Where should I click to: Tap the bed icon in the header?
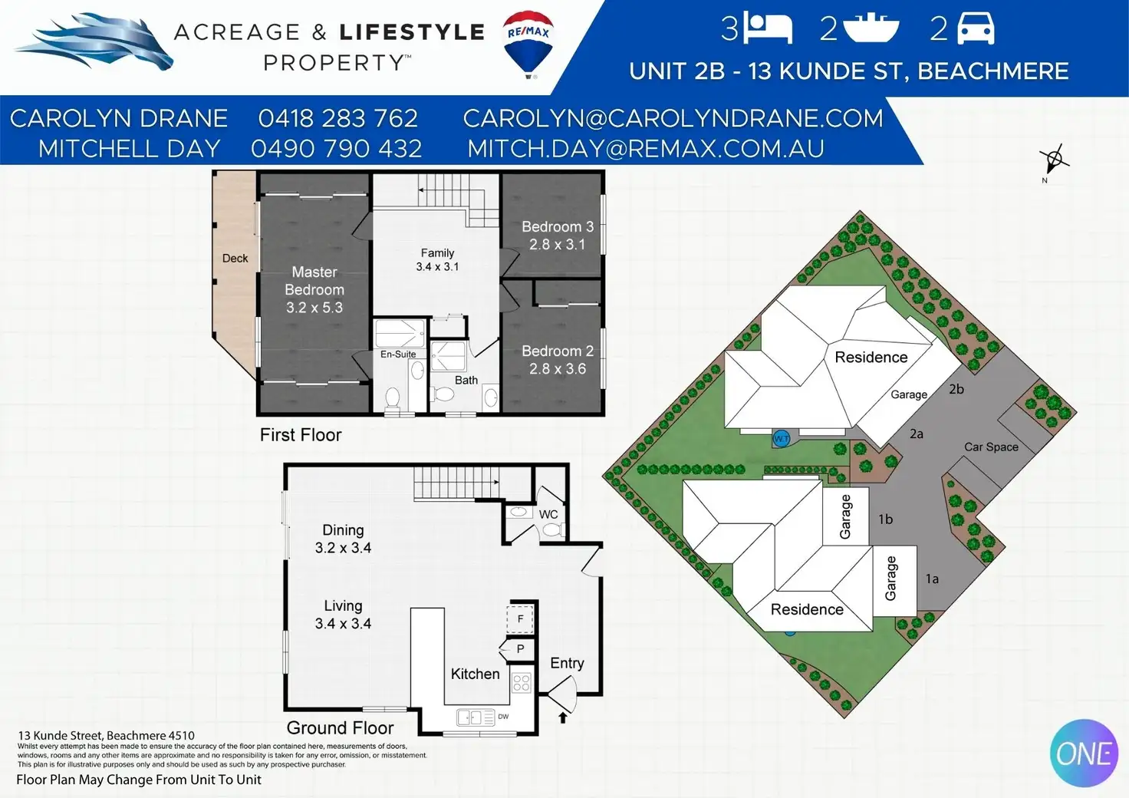click(769, 28)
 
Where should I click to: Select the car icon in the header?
click(976, 28)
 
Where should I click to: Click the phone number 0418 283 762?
click(337, 118)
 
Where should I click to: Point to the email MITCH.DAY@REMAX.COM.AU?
click(646, 149)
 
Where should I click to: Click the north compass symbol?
click(1053, 160)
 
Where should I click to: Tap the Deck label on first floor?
click(235, 258)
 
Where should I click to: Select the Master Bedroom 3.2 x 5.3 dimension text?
click(314, 308)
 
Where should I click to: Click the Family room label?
click(437, 253)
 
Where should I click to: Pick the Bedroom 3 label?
click(558, 227)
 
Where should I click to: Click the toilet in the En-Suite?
click(393, 398)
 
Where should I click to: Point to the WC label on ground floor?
click(548, 514)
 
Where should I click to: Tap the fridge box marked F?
click(520, 618)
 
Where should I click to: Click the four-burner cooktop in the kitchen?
click(522, 683)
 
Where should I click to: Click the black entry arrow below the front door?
click(563, 717)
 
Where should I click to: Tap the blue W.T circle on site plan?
click(782, 439)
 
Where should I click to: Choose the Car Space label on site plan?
click(991, 447)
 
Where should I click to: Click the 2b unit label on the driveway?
click(956, 389)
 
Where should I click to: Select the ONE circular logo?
click(1085, 753)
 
